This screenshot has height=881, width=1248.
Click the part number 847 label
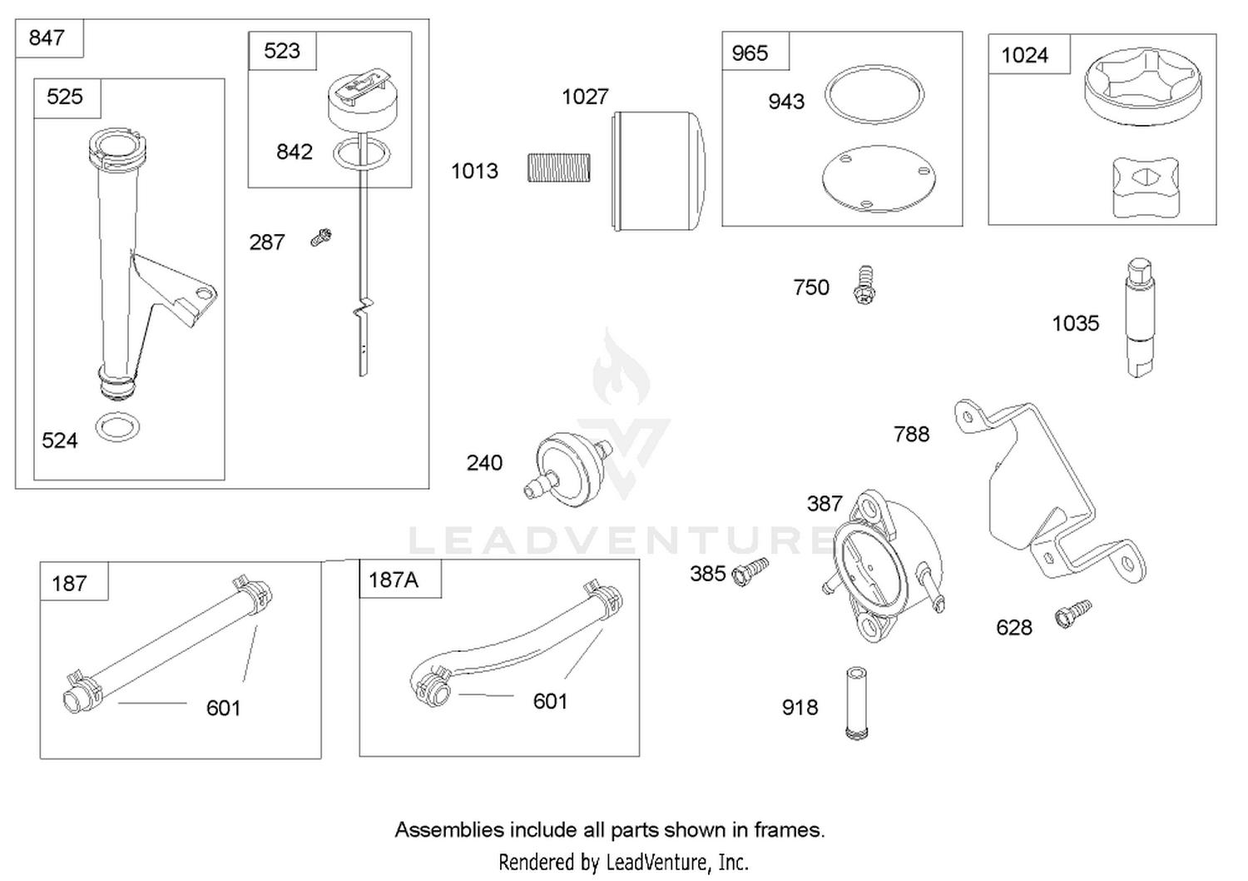tap(47, 38)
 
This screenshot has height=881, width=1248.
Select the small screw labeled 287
tap(321, 237)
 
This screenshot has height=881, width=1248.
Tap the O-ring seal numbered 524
tap(117, 427)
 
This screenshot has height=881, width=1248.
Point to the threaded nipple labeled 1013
tap(559, 167)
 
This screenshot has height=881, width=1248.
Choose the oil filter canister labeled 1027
tap(659, 171)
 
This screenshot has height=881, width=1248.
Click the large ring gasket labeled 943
tap(874, 94)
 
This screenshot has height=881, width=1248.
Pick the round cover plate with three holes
tap(879, 178)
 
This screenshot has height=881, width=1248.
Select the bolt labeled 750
tap(864, 285)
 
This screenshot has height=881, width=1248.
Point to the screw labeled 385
tap(750, 571)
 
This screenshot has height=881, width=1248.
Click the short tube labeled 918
tap(856, 703)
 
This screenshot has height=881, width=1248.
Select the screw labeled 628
tap(1073, 614)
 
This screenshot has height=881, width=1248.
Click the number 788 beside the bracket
tap(912, 434)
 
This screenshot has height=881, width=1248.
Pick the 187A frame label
tap(394, 580)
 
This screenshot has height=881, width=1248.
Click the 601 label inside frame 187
tap(224, 708)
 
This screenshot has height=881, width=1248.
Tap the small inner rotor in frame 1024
tap(1146, 187)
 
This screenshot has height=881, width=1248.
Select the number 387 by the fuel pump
tap(825, 504)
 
